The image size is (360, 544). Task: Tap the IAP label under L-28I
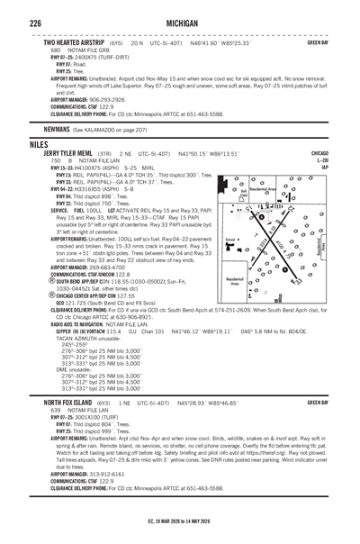pos(346,167)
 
